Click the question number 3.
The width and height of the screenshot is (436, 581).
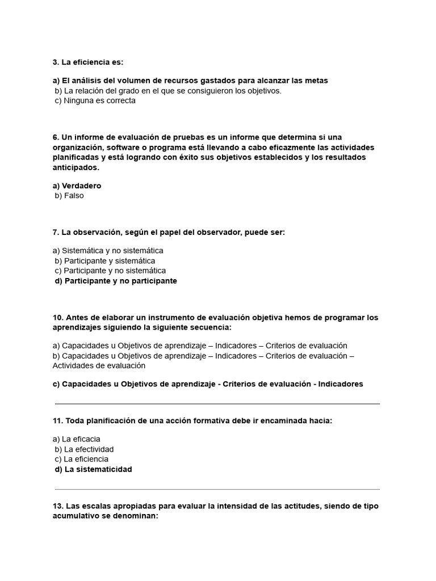(56, 62)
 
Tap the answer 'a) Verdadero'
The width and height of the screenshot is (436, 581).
(77, 186)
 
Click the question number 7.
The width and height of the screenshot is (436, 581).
(56, 232)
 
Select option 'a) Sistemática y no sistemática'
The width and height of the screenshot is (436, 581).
(108, 250)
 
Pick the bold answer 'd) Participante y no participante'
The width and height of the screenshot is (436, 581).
(116, 281)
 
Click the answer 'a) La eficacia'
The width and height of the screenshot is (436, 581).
(76, 439)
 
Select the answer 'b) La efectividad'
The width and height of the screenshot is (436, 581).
(84, 449)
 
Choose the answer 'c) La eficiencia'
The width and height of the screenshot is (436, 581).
(82, 459)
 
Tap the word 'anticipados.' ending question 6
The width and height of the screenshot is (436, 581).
(76, 168)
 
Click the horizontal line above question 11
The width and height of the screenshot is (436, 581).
(217, 404)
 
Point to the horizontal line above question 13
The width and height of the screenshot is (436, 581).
(217, 489)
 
